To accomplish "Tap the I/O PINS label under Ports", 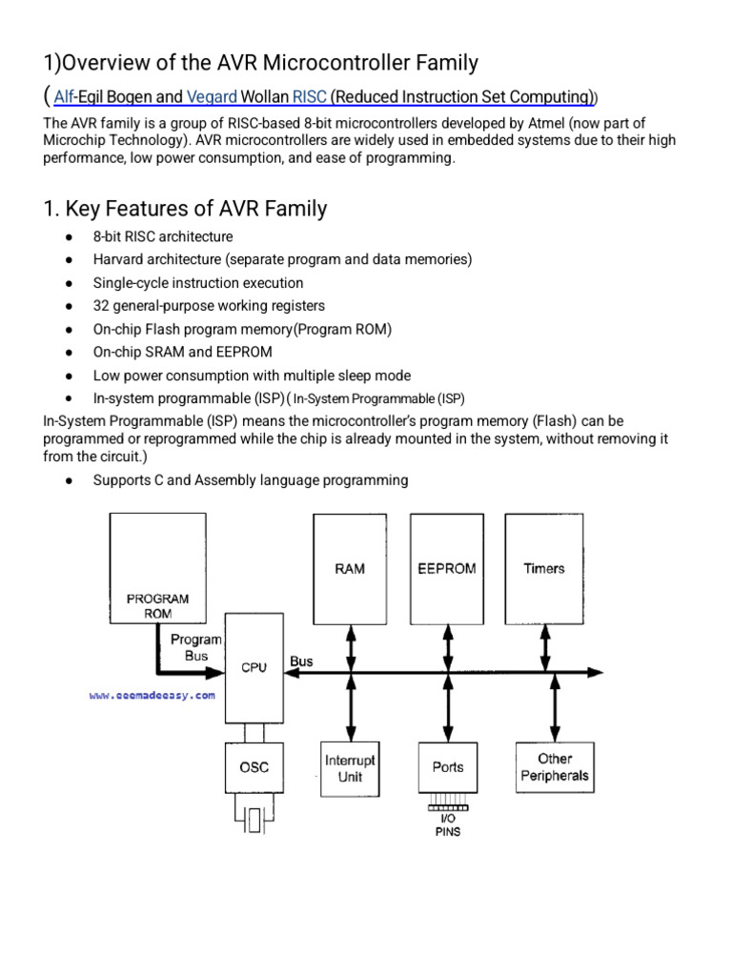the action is click(x=448, y=825).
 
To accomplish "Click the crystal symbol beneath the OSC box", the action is click(x=254, y=819).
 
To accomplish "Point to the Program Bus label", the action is click(x=196, y=647).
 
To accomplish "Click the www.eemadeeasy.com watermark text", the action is click(x=152, y=695).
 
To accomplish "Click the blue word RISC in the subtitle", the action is click(x=310, y=97).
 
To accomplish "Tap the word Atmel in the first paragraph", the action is click(x=546, y=123).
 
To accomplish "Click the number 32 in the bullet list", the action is click(x=101, y=306).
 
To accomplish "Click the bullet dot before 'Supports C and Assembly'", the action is click(x=69, y=480).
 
